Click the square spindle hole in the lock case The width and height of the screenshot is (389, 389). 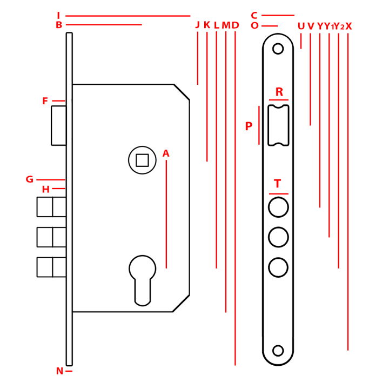coord(142,160)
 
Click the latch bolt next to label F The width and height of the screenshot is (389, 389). coord(59,125)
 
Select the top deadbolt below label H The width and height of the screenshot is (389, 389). coord(52,207)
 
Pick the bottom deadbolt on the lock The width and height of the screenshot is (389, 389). coord(52,267)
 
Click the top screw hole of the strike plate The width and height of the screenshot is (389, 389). coord(278,49)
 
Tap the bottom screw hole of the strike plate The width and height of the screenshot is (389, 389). coord(278,351)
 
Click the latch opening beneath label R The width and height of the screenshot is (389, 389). coord(278,125)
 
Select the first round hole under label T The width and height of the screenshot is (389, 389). coord(278,207)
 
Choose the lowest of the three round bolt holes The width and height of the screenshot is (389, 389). coord(278,267)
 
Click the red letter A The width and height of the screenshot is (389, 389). coord(166,154)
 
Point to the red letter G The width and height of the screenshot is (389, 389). coord(30,180)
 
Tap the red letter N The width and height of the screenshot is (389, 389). coord(59,371)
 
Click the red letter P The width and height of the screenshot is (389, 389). coord(249,127)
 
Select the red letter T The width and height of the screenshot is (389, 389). coord(278,184)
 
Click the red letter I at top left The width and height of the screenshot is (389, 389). coord(58,16)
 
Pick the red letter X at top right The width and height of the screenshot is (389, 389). coord(348,26)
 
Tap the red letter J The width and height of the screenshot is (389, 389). coord(197,25)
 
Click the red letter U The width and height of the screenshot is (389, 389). coord(301,26)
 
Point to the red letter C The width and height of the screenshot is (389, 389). coord(254,16)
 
